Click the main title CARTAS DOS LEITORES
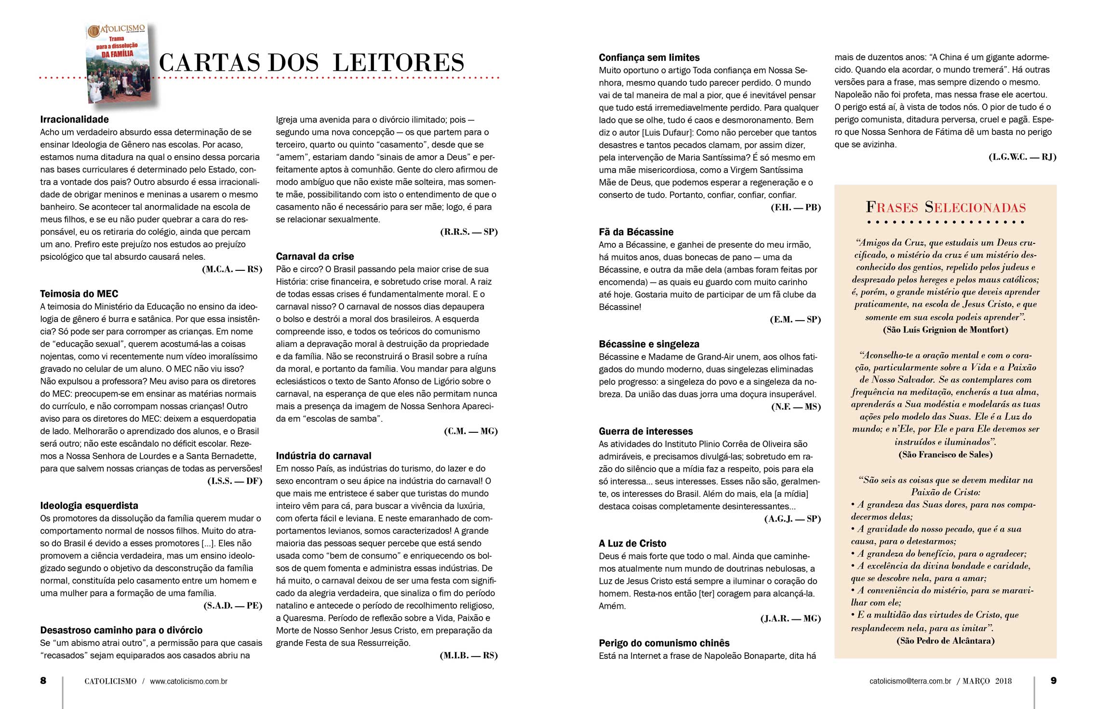(311, 63)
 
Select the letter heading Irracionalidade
(75, 120)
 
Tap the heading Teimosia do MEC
(79, 294)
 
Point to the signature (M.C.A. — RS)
(232, 269)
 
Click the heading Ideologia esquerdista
(89, 506)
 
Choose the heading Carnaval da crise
(315, 256)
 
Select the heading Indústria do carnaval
(323, 455)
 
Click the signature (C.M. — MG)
(470, 431)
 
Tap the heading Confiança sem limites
(649, 57)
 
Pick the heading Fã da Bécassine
(636, 232)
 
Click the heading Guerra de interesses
(646, 431)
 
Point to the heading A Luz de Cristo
(632, 543)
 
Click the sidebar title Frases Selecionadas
(946, 207)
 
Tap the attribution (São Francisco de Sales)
(945, 455)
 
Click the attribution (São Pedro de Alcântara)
(945, 641)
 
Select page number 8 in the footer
(43, 681)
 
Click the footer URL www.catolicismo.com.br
(188, 681)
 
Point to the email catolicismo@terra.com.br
(910, 681)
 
